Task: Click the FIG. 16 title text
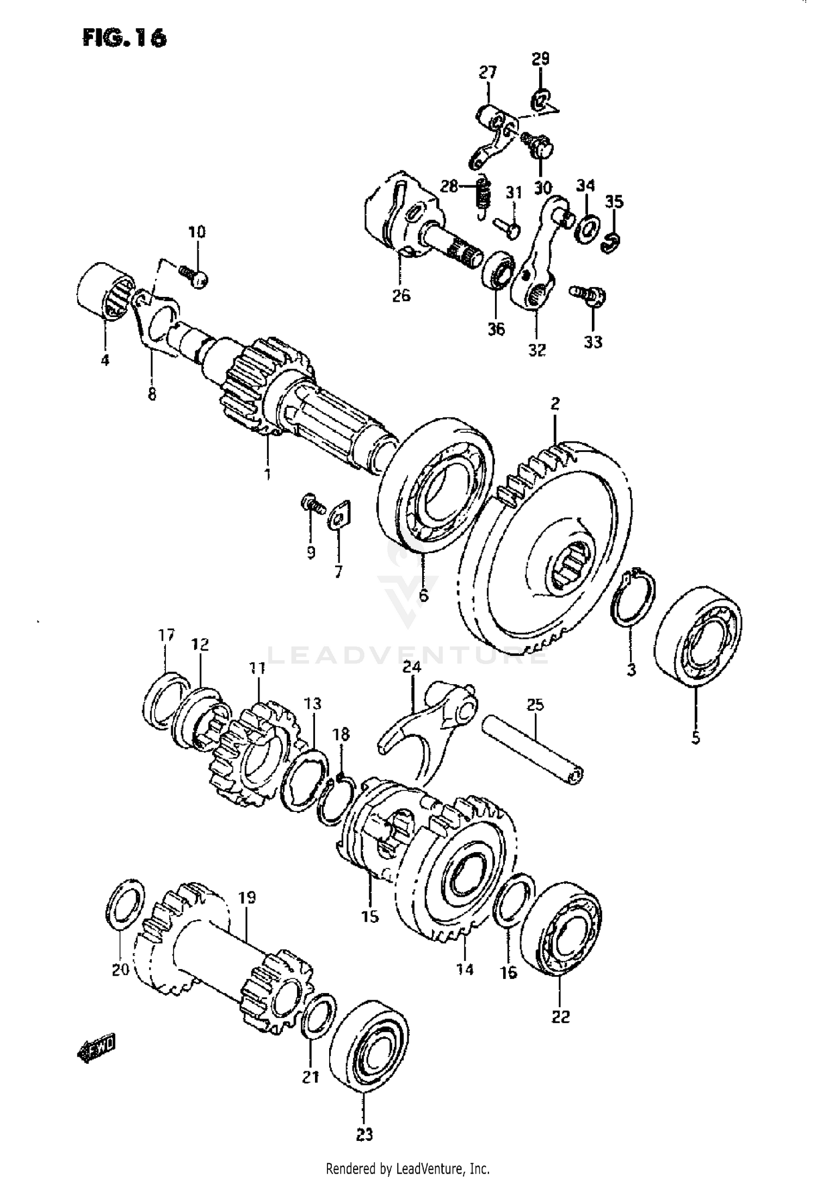pos(124,39)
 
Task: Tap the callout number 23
pos(365,1134)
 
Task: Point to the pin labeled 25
pos(534,751)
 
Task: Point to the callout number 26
pos(401,296)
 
